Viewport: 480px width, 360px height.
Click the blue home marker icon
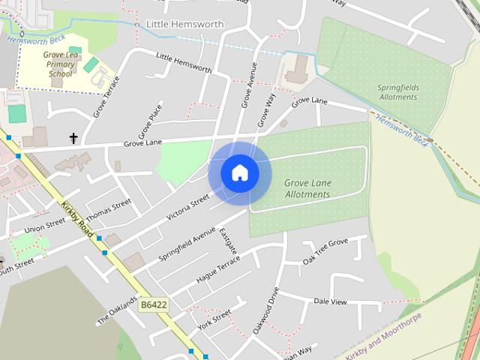click(240, 173)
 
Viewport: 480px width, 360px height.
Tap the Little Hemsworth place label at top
click(185, 24)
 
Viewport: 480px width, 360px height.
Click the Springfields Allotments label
click(397, 92)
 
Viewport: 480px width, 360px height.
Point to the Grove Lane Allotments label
click(307, 188)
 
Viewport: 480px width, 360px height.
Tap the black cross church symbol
click(73, 138)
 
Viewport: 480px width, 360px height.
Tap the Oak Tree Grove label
click(325, 252)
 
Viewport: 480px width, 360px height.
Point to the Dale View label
click(330, 301)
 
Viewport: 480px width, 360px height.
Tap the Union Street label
click(45, 226)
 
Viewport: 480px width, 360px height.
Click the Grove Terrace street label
click(106, 98)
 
